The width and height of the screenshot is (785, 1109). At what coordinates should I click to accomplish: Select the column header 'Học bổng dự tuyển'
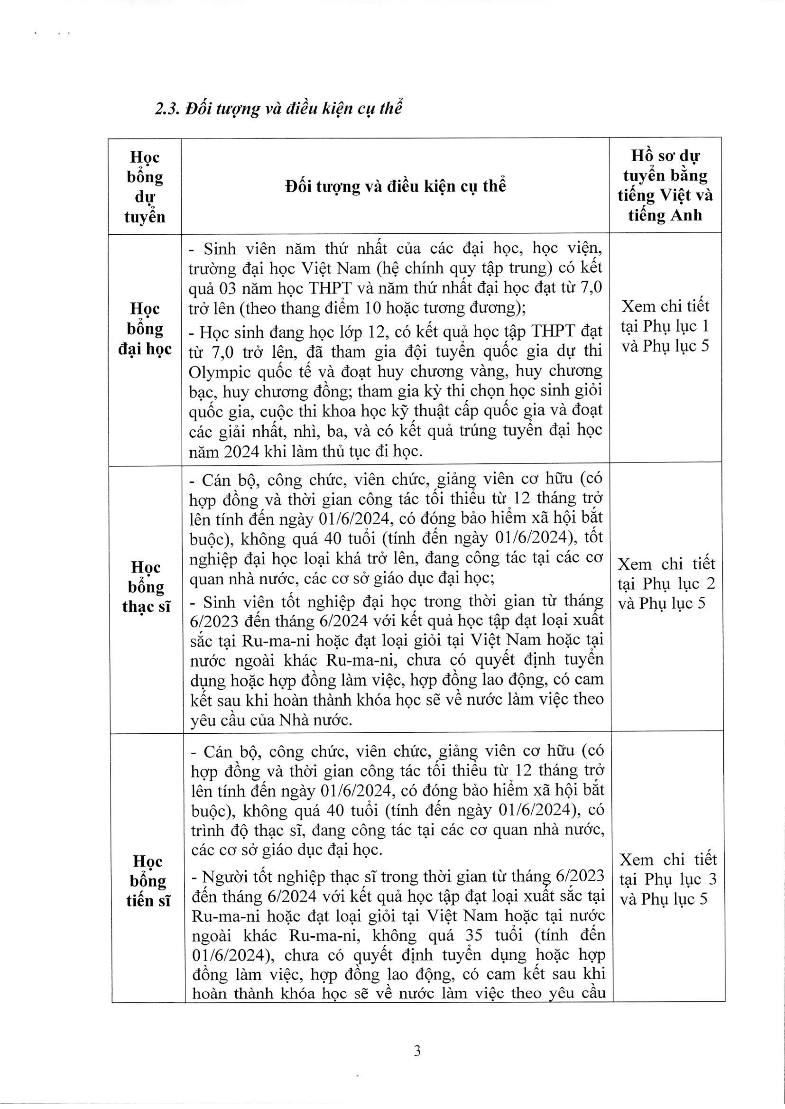pyautogui.click(x=145, y=187)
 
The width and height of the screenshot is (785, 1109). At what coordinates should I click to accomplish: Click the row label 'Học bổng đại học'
pyautogui.click(x=145, y=329)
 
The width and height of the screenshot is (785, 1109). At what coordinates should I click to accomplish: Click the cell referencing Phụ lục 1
pyautogui.click(x=665, y=326)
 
